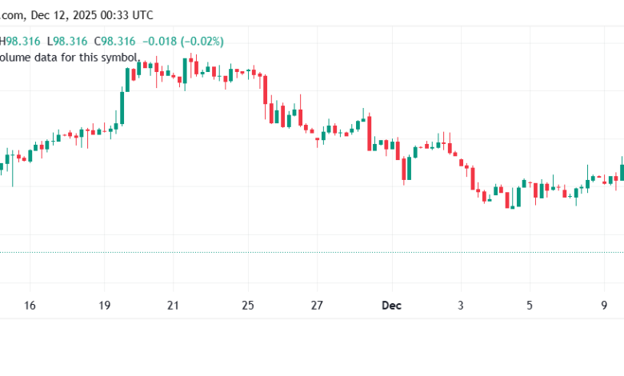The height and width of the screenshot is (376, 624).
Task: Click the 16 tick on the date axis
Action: [30, 306]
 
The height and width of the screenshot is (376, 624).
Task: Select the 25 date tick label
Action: [249, 306]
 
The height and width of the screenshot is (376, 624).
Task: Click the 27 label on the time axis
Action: [318, 306]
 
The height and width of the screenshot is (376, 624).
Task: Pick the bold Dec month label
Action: [391, 306]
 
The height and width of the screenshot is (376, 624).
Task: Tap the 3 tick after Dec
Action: [461, 306]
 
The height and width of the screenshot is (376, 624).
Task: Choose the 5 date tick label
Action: [530, 306]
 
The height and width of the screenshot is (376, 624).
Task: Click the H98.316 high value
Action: [22, 41]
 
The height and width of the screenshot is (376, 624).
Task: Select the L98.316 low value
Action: [68, 41]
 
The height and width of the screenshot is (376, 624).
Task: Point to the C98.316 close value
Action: [115, 41]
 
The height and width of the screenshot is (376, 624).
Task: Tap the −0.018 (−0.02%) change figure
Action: [184, 41]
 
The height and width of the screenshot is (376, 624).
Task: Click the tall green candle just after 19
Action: [123, 107]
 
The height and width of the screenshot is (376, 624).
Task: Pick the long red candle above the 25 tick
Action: [264, 89]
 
